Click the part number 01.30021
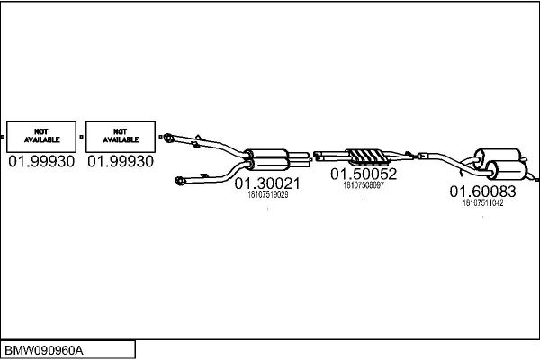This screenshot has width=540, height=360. (x=267, y=184)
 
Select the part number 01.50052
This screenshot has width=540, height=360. (x=364, y=174)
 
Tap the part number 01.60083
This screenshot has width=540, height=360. (x=482, y=192)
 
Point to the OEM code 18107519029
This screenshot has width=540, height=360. (x=268, y=195)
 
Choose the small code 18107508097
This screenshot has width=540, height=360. (x=364, y=185)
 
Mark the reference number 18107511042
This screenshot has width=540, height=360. (x=482, y=202)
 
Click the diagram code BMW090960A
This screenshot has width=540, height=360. (x=44, y=351)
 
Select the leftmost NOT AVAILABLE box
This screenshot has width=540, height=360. (x=41, y=137)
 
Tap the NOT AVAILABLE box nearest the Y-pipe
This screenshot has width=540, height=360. (x=121, y=137)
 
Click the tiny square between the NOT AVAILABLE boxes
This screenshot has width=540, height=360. (x=81, y=137)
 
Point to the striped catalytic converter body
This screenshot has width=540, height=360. (x=367, y=157)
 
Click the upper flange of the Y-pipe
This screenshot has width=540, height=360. (x=168, y=138)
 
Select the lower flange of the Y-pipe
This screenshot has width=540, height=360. (x=180, y=181)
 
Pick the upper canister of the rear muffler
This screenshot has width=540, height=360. (x=498, y=157)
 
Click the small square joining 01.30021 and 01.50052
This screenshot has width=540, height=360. (x=311, y=159)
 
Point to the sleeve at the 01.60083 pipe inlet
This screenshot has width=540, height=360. (x=423, y=156)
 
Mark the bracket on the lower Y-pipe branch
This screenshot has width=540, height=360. (x=204, y=176)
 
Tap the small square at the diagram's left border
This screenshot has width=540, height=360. (x=2, y=137)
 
